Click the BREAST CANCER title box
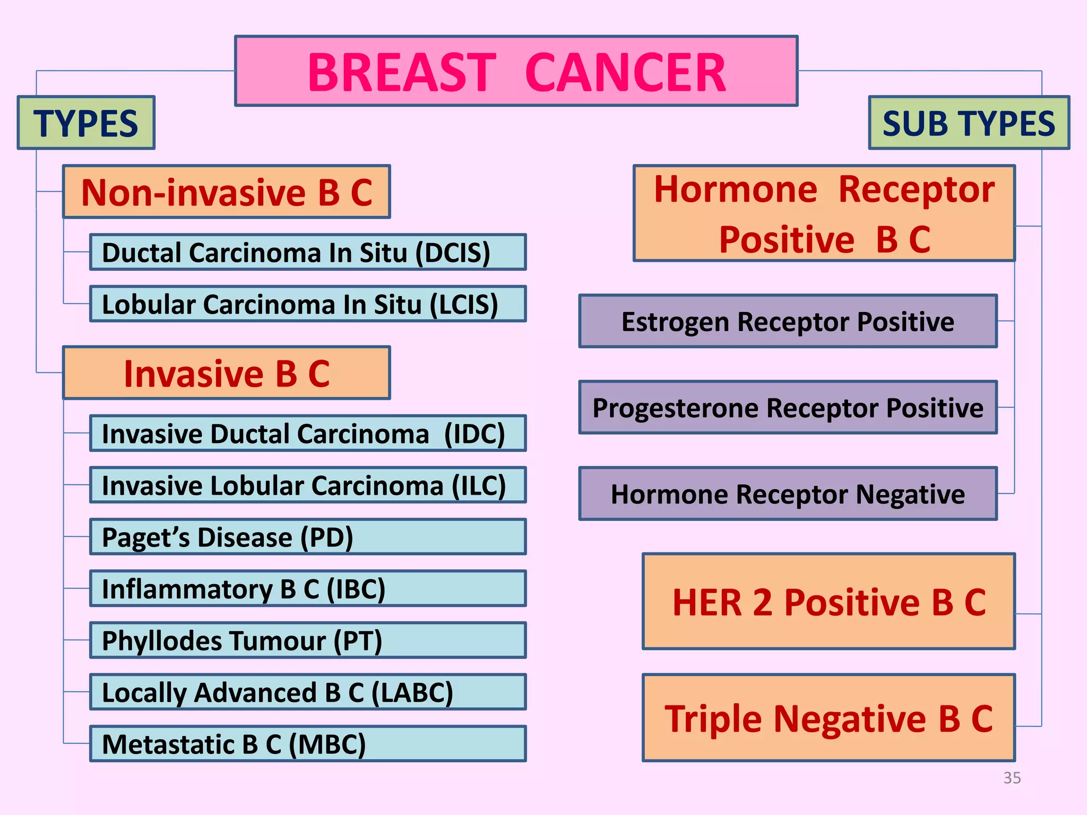(x=516, y=71)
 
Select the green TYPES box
(x=86, y=123)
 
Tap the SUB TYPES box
(x=969, y=123)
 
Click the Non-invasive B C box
(x=227, y=192)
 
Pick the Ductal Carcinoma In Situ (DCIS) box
(x=308, y=252)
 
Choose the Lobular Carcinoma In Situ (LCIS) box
(x=308, y=304)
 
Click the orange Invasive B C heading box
(x=227, y=373)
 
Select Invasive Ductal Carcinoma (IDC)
(x=308, y=433)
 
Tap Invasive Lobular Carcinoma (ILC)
(x=308, y=485)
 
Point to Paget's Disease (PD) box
(x=308, y=537)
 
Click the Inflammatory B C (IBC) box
(x=308, y=588)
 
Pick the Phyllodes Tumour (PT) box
(x=308, y=640)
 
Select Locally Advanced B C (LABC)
(x=308, y=692)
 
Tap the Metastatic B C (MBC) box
(x=308, y=744)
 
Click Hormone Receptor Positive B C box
(x=824, y=213)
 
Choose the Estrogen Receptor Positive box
(x=788, y=322)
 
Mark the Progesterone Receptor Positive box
(x=788, y=407)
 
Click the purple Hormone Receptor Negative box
(x=788, y=494)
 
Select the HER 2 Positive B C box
(x=829, y=602)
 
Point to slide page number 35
(x=1012, y=778)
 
